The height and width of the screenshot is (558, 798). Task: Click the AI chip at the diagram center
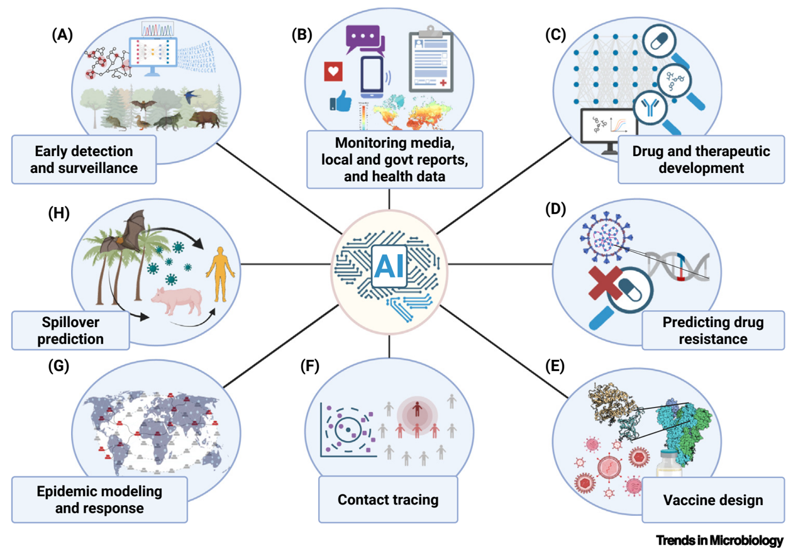click(390, 267)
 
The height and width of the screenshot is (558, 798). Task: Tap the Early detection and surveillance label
click(84, 160)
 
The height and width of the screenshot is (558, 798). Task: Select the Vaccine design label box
click(713, 500)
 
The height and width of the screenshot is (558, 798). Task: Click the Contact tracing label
click(388, 500)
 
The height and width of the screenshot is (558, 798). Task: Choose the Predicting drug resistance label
click(713, 330)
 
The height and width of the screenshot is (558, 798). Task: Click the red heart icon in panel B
click(333, 72)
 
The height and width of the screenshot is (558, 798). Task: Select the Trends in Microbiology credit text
click(719, 540)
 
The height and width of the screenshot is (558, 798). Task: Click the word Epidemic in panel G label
click(64, 491)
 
